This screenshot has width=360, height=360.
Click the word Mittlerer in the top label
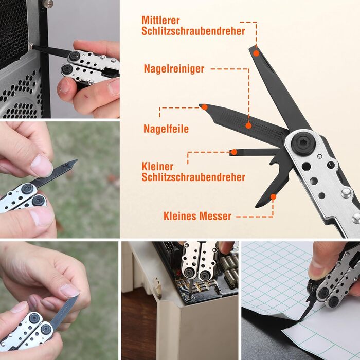(160, 20)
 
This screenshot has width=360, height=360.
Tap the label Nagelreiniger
(174, 68)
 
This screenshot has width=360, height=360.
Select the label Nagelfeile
(166, 129)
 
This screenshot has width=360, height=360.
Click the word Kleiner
(157, 167)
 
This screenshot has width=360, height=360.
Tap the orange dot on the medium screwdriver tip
(256, 53)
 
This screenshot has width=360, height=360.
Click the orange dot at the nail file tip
(205, 107)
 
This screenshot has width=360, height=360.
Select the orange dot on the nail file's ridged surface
(248, 125)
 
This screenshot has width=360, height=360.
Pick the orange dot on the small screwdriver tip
(234, 152)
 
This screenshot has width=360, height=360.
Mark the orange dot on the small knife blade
(273, 197)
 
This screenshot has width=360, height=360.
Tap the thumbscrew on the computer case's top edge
(48, 3)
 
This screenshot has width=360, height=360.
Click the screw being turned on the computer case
(31, 46)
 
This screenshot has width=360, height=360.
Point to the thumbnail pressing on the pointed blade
(42, 166)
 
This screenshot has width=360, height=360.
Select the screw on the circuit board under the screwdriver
(190, 298)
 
